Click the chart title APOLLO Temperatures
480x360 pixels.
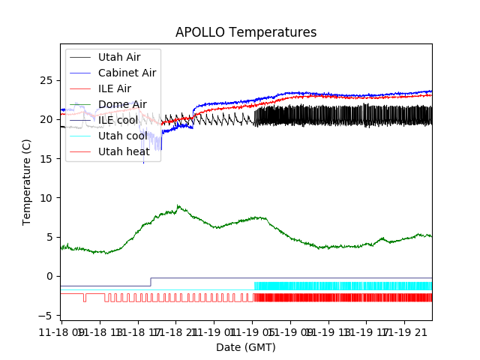coord(246,32)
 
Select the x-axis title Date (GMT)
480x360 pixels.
coord(246,347)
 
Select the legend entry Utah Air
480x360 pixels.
coord(118,57)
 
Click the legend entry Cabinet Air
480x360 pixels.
coord(127,73)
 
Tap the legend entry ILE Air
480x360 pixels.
coord(114,88)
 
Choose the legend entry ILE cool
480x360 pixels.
coord(118,120)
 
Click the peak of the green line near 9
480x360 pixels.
coord(178,205)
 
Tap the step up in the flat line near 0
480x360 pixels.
coord(151,282)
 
